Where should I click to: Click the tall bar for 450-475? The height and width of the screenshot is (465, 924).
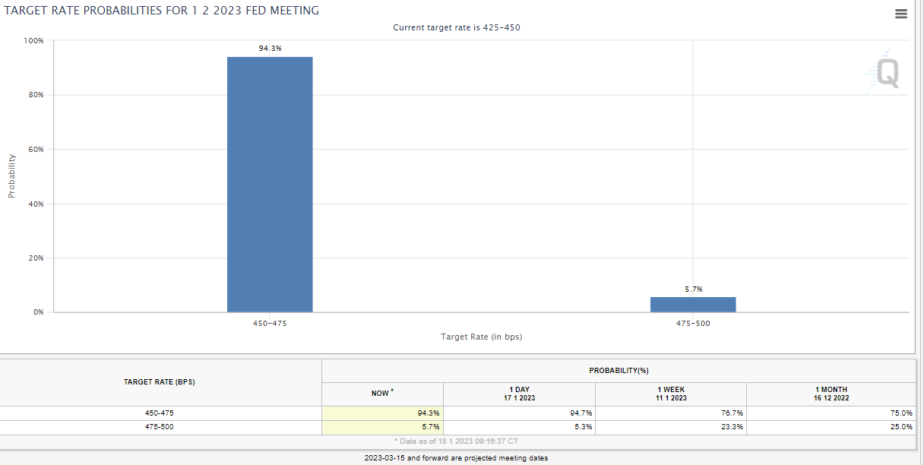270,185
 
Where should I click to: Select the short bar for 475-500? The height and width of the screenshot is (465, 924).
693,304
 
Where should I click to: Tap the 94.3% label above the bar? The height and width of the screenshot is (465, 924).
270,48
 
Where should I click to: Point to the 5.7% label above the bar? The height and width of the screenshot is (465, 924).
693,289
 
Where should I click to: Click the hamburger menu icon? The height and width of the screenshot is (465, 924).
901,14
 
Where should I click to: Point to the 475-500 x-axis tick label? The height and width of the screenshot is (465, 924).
693,323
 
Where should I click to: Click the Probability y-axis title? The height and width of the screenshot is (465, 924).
11,176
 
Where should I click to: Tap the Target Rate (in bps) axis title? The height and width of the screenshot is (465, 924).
481,337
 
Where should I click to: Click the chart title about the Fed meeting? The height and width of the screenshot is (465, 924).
162,11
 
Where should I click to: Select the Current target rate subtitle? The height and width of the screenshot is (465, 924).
456,27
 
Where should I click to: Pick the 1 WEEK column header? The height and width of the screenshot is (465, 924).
671,394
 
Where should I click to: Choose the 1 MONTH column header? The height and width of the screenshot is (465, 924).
831,394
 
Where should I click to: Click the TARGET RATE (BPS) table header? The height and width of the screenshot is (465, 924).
160,382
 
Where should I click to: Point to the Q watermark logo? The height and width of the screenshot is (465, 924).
887,74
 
